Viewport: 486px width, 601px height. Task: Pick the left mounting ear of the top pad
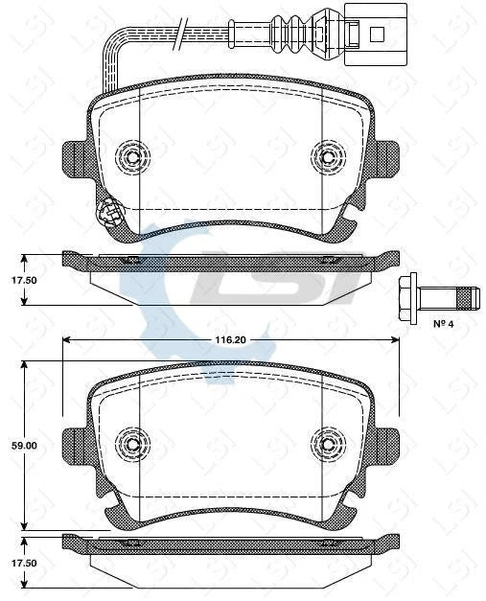tap(74, 155)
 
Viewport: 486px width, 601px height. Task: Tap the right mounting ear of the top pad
tap(386, 155)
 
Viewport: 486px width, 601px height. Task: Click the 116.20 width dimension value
tap(231, 339)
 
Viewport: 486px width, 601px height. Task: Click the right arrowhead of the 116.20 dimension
tap(394, 339)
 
